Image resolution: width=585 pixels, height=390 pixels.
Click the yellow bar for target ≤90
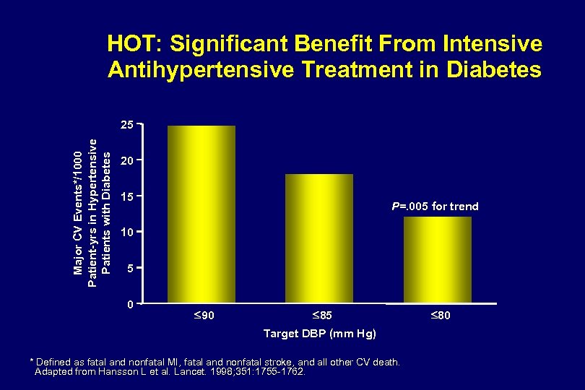click(x=201, y=214)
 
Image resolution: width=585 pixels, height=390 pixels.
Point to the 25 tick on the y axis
click(x=126, y=126)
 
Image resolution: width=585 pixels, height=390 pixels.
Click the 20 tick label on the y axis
click(x=126, y=160)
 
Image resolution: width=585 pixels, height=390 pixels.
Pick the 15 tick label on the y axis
click(x=126, y=196)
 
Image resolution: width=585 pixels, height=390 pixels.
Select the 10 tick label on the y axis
click(x=126, y=232)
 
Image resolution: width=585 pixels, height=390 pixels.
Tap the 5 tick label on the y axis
click(x=129, y=268)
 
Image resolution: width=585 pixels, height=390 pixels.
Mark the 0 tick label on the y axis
click(x=129, y=304)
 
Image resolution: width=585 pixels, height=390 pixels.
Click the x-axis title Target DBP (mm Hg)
click(x=320, y=333)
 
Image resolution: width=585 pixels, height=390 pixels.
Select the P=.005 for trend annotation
click(x=435, y=207)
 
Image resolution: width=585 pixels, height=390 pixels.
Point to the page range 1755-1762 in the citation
click(x=278, y=372)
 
